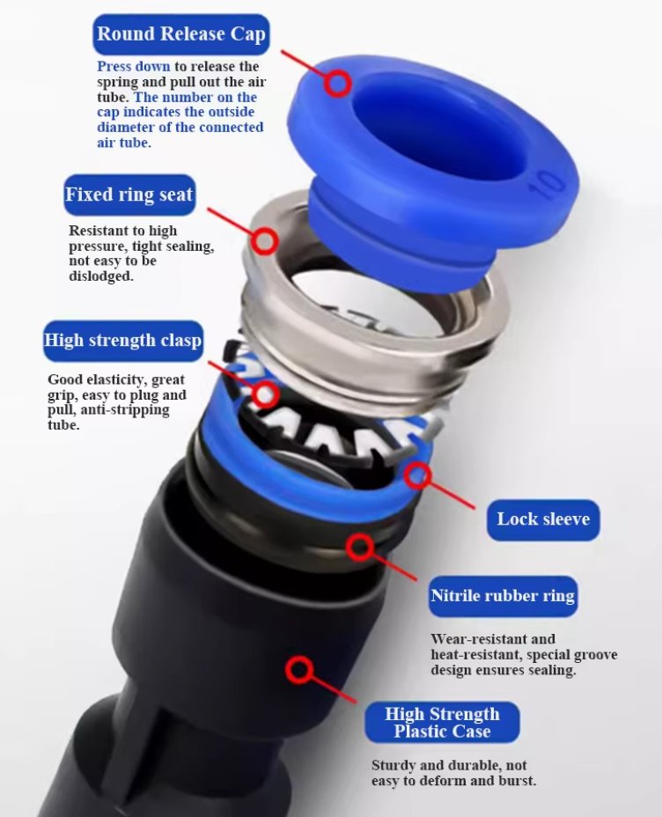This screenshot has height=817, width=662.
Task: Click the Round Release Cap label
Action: (181, 34)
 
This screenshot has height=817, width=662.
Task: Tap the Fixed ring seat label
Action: (129, 195)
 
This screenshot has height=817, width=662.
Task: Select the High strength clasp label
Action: (123, 341)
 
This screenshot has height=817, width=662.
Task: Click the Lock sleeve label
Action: (543, 519)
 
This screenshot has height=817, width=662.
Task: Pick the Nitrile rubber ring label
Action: (503, 596)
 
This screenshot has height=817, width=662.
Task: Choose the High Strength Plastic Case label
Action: (442, 722)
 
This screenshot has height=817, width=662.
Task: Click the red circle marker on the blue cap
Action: (338, 84)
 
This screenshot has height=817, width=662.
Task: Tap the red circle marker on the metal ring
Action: (265, 240)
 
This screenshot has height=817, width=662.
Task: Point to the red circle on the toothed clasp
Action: (265, 394)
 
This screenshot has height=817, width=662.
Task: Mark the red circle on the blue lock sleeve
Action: (418, 475)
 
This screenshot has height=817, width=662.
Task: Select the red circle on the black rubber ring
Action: (360, 547)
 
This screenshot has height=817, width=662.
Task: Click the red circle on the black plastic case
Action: (299, 670)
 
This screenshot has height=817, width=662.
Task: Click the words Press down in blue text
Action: (133, 67)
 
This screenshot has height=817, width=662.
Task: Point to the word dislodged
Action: (101, 276)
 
